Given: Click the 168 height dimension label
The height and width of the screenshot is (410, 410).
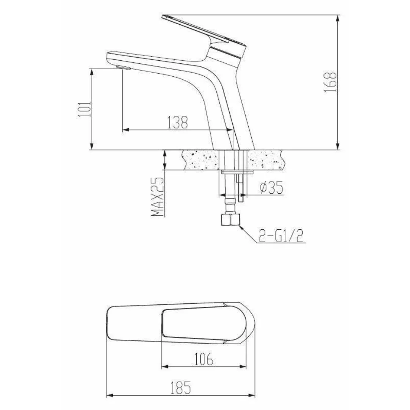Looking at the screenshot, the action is tap(330, 82).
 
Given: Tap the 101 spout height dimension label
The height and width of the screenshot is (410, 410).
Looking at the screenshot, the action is tap(85, 109).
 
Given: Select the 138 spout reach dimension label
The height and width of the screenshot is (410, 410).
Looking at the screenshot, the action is tap(178, 122).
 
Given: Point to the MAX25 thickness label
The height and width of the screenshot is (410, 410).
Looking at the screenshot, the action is tap(158, 197).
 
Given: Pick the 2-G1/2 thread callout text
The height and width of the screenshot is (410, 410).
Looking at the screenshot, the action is tap(281, 236).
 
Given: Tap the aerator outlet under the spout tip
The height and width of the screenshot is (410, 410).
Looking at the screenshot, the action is tap(123, 68).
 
